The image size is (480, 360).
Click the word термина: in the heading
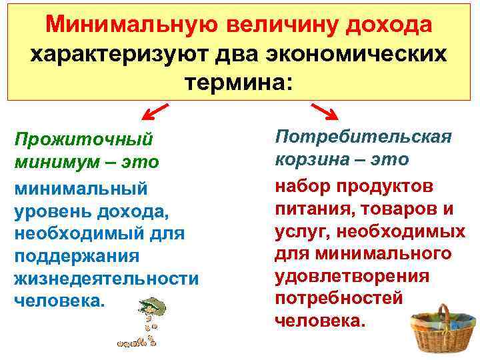239,82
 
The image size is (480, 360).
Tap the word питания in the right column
313,209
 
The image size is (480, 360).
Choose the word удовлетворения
351,276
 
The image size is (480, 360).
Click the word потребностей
339,299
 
